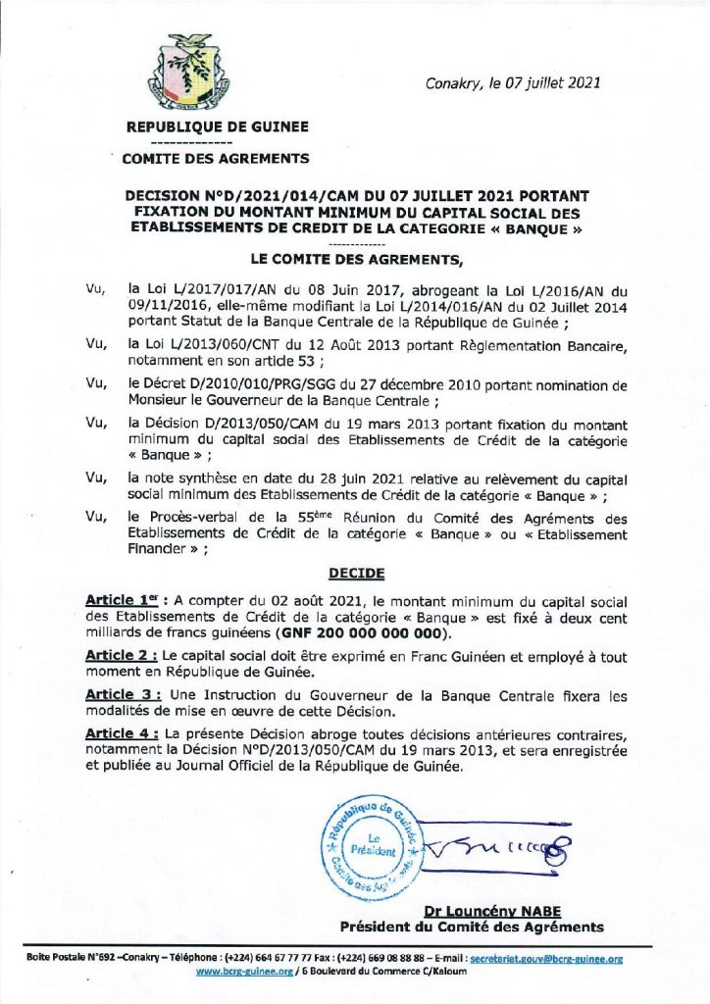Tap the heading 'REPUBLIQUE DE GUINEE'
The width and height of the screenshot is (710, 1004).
click(217, 126)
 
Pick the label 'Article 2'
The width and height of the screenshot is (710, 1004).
click(121, 654)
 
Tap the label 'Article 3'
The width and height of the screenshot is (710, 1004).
click(121, 696)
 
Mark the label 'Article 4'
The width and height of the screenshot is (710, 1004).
click(121, 734)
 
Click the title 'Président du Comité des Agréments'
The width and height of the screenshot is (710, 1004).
click(472, 927)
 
